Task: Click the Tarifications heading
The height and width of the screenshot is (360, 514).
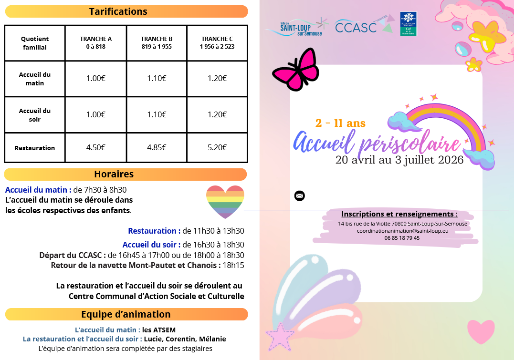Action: pos(118,11)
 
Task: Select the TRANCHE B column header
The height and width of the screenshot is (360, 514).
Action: pos(157,42)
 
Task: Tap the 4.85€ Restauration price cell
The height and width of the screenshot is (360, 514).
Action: pos(157,147)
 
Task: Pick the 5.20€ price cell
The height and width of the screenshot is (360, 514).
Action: pos(217,147)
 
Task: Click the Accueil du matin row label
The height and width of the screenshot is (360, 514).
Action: pos(35,79)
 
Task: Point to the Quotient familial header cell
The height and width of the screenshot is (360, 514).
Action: pos(35,43)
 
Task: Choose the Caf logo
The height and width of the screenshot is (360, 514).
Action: pos(408,24)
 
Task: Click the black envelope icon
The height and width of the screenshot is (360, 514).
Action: pos(299,195)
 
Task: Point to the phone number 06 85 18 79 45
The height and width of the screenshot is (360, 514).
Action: pos(402,238)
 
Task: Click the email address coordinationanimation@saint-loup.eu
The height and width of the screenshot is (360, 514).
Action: pos(402,231)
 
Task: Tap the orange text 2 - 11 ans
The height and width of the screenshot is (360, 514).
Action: pos(340,123)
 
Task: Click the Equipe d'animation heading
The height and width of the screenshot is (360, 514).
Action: pos(126,314)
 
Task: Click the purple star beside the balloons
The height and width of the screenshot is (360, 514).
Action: pos(279,337)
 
